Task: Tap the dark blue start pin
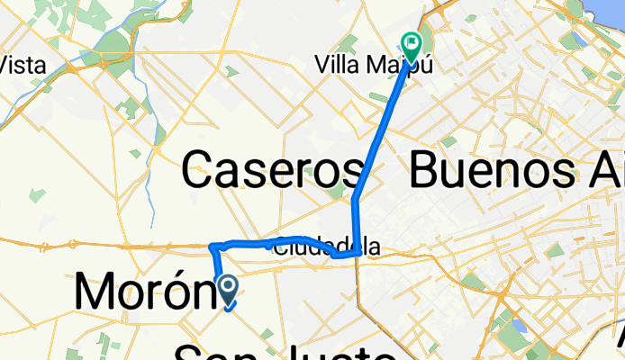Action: [228, 290]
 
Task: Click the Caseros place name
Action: [272, 168]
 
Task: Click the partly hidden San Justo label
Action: [284, 352]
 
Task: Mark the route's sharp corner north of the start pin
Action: [212, 246]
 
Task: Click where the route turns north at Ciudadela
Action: [359, 255]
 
